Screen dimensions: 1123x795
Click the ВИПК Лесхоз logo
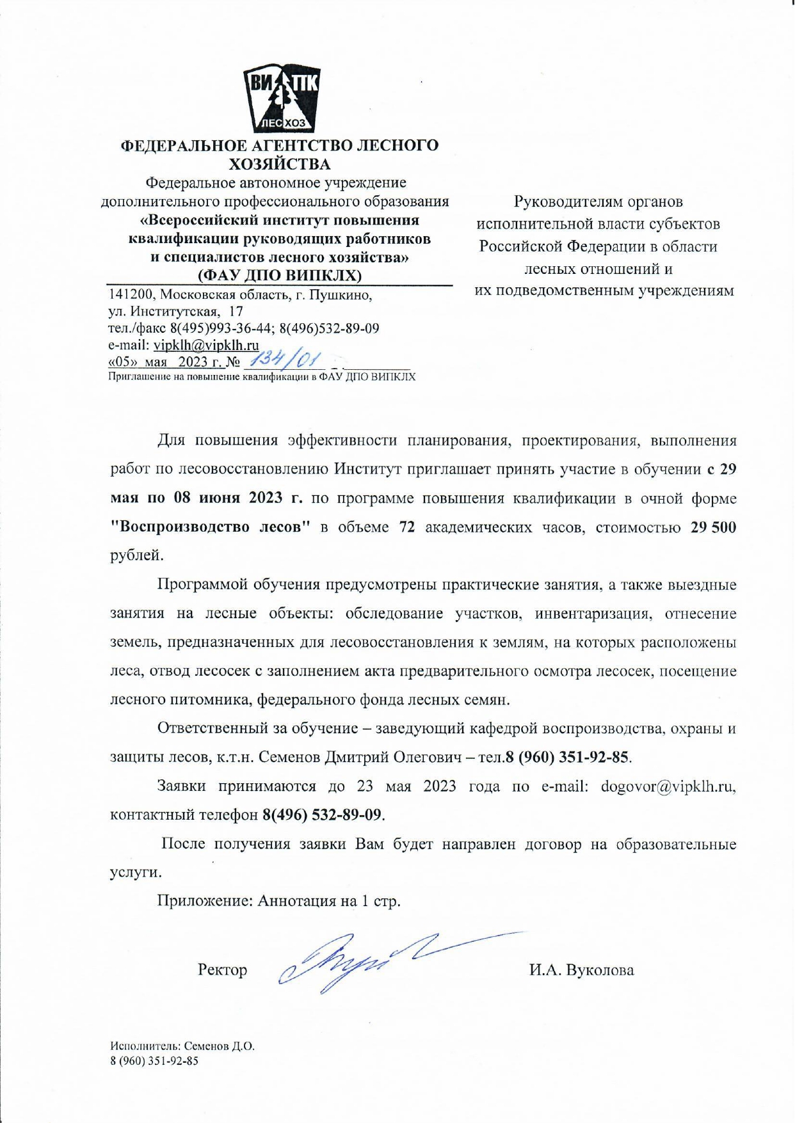point(281,99)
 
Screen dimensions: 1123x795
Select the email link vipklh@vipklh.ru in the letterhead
point(206,346)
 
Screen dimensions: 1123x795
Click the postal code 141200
point(131,295)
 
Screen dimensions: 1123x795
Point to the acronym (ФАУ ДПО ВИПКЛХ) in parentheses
point(280,276)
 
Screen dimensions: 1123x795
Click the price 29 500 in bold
point(713,527)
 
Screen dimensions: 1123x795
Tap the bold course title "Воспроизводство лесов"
point(211,527)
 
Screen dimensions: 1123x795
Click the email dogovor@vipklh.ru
point(667,786)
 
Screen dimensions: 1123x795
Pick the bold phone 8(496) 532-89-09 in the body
point(323,815)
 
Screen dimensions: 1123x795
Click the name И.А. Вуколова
point(581,970)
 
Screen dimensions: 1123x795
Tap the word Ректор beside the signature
point(223,970)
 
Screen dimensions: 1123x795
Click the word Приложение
point(205,901)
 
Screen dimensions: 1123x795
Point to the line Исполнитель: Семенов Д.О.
point(182,1047)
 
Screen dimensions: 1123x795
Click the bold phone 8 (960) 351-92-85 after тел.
point(566,758)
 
